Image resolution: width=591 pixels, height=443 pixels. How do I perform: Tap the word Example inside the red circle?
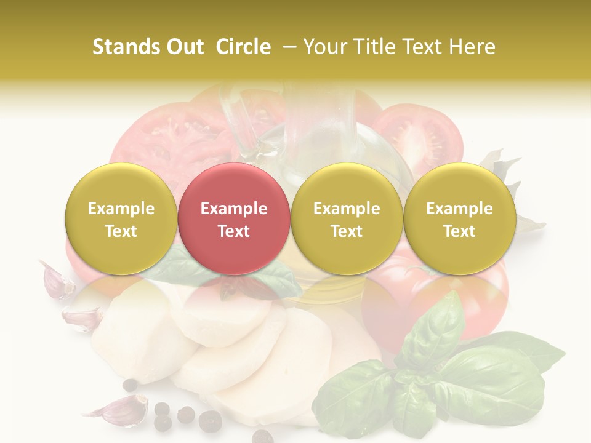[233, 209]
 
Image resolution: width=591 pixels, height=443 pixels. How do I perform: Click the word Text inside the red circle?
[233, 231]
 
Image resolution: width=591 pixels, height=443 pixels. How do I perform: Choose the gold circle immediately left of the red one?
[121, 218]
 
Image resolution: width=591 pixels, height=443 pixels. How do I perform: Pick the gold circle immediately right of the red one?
[347, 218]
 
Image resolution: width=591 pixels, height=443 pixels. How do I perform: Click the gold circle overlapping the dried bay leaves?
[459, 218]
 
